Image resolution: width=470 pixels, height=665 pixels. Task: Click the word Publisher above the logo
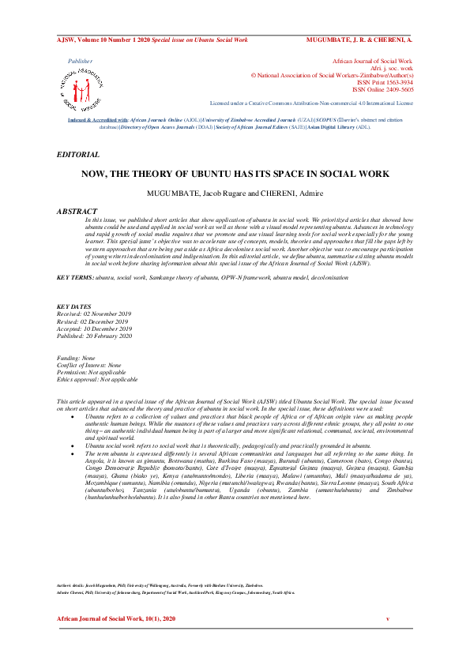[x=80, y=60]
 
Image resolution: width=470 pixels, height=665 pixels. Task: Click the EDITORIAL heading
[x=78, y=155]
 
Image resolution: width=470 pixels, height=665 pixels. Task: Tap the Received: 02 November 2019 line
[x=95, y=314]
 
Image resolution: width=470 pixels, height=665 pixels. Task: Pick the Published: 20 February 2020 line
[x=95, y=335]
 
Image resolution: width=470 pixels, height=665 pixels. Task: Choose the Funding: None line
[x=79, y=358]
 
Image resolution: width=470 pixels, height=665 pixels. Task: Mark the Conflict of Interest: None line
[x=89, y=365]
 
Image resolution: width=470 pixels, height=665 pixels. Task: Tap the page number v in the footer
[x=387, y=622]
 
